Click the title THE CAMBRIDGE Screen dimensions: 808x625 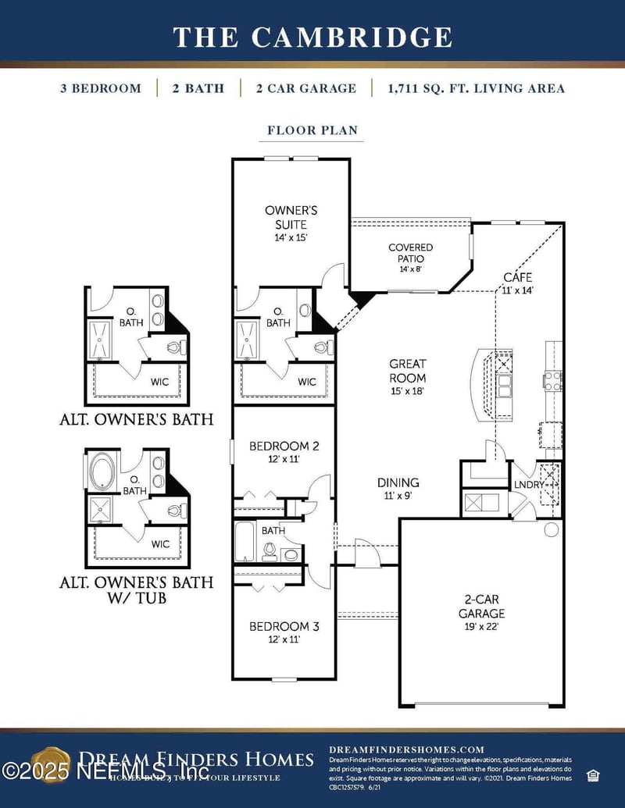(312, 37)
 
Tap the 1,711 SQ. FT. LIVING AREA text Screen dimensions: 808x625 (476, 88)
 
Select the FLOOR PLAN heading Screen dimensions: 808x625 (312, 130)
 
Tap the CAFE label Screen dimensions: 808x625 (517, 283)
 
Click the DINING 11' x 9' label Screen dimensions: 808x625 (398, 488)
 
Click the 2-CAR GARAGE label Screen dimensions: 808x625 (481, 607)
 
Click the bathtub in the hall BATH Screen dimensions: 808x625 (244, 542)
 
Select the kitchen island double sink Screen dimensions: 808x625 (505, 383)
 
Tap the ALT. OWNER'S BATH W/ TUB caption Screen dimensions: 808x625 (136, 590)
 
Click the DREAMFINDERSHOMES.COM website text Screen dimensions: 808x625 (406, 749)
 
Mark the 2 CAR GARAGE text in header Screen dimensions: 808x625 (305, 88)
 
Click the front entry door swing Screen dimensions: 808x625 (366, 553)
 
